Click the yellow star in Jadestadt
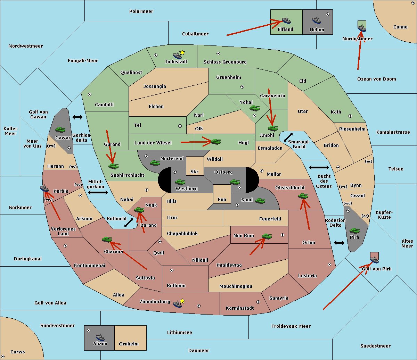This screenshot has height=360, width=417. click(x=182, y=53)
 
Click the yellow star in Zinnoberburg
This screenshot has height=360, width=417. click(x=182, y=301)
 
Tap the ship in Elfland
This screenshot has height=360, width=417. click(x=286, y=20)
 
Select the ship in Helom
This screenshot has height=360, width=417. click(x=316, y=20)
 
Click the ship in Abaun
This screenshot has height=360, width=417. click(x=100, y=337)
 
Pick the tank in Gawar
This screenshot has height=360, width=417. click(x=60, y=130)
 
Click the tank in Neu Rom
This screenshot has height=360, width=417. click(x=267, y=236)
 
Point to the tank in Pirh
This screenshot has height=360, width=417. click(x=354, y=231)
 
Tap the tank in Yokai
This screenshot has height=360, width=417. click(x=254, y=109)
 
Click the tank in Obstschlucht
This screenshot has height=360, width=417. click(x=303, y=196)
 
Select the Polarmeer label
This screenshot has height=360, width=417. click(x=141, y=11)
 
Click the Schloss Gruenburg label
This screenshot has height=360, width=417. click(x=225, y=62)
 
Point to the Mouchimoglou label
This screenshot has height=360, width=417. click(x=236, y=286)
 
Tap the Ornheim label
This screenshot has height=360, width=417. click(x=129, y=344)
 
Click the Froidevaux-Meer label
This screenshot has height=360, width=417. click(x=291, y=326)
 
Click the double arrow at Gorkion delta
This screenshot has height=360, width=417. click(x=77, y=117)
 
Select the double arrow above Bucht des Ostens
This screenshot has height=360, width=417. click(x=319, y=168)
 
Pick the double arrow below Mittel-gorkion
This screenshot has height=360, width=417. click(x=98, y=193)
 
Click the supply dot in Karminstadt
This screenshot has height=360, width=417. click(x=258, y=302)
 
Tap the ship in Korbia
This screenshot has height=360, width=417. click(x=44, y=189)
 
